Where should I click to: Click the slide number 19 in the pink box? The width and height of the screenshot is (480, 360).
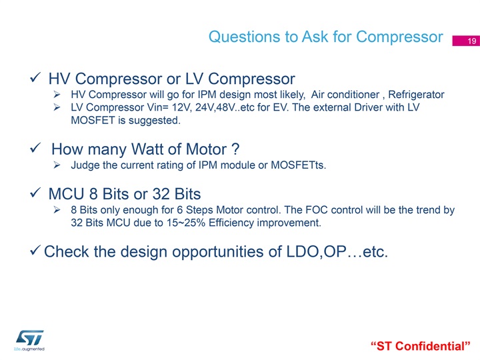click(x=472, y=41)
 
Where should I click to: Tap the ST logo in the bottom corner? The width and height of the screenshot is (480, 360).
click(x=29, y=340)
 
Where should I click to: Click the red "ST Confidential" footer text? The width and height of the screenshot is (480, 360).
click(x=420, y=346)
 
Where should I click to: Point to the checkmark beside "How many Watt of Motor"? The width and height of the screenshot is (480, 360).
click(x=35, y=148)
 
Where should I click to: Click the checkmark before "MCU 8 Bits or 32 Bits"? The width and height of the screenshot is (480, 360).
click(x=35, y=193)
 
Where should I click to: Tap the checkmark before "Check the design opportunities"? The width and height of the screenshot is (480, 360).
click(x=35, y=251)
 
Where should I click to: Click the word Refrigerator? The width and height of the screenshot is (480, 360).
click(x=416, y=94)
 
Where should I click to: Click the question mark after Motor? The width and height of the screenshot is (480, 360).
click(x=235, y=149)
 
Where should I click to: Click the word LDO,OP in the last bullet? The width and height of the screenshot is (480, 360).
click(x=316, y=251)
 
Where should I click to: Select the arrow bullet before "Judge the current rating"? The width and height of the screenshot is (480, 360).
click(x=57, y=165)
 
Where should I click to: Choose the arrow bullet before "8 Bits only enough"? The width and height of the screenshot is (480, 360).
click(x=57, y=210)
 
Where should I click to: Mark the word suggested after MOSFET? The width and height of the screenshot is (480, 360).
click(x=155, y=121)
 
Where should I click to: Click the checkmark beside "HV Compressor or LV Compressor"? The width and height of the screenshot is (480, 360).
click(x=35, y=77)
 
